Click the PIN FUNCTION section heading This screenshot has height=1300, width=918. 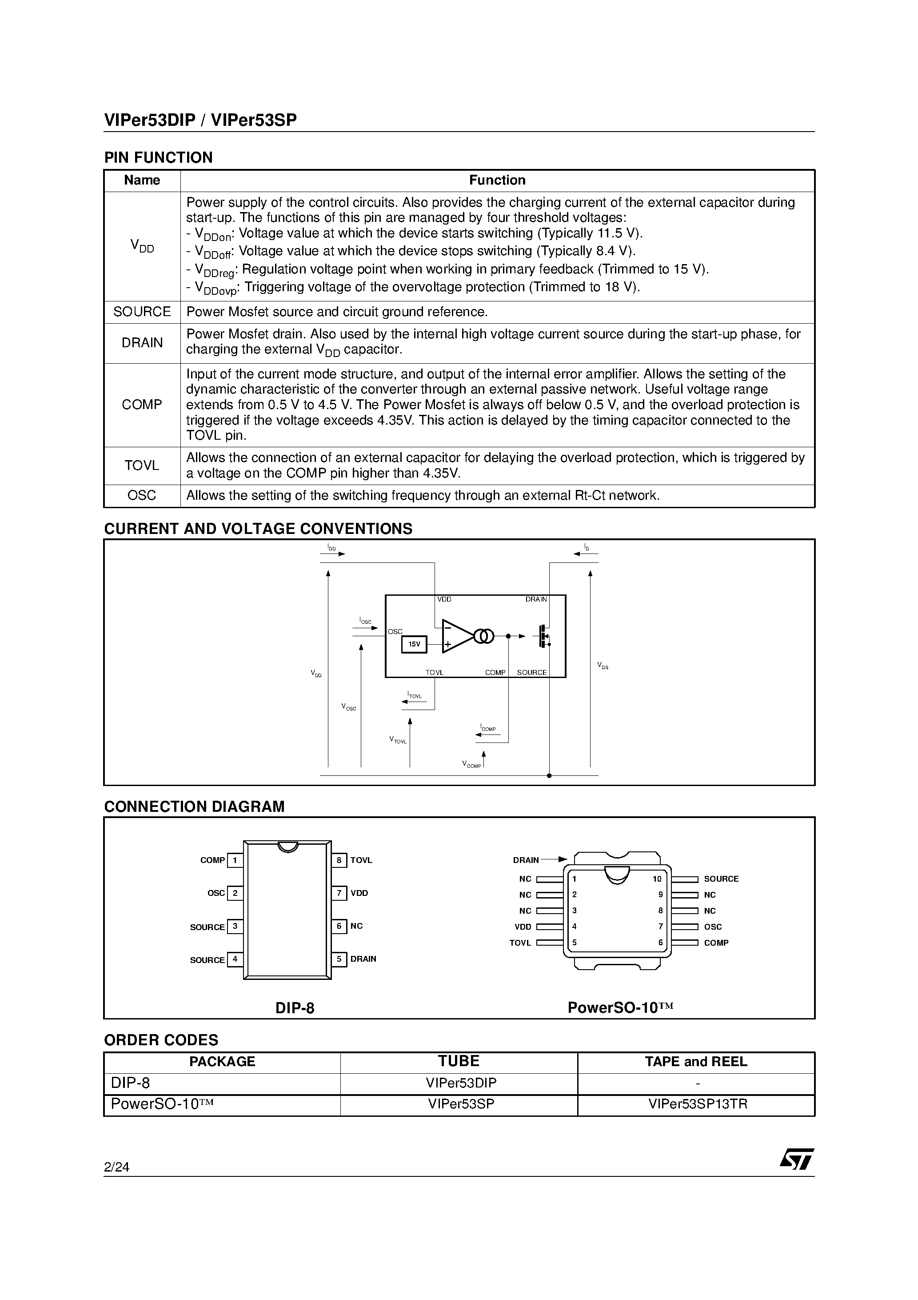(x=159, y=157)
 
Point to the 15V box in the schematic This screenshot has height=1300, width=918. (x=414, y=644)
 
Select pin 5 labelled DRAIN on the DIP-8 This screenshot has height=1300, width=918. (x=339, y=959)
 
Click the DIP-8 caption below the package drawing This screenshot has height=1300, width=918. (x=294, y=1008)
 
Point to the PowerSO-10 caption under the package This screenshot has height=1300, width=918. (x=620, y=1008)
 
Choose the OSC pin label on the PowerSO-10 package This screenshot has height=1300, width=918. (x=713, y=927)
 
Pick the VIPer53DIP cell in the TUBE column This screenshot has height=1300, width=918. (x=461, y=1083)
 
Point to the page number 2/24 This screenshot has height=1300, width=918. (x=116, y=1167)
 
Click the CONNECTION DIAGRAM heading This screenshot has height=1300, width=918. (x=194, y=807)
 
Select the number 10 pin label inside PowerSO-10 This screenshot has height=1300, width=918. (x=657, y=879)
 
